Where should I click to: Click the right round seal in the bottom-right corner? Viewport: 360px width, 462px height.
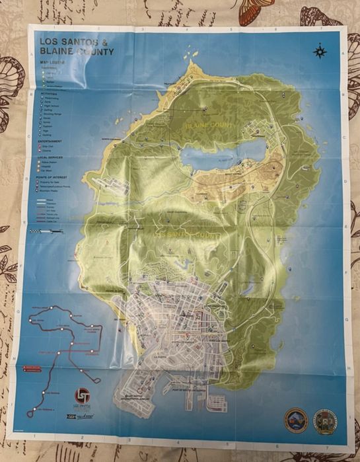click(x=324, y=420)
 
